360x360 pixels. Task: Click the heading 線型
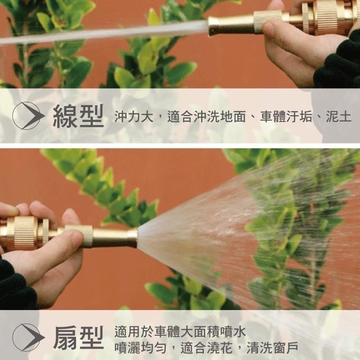click(78, 116)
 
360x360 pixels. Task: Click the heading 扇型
click(78, 337)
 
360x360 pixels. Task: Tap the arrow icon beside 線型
click(28, 116)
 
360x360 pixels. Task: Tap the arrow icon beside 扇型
click(28, 337)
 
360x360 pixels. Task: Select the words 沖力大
click(134, 117)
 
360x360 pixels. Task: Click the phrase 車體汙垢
click(286, 117)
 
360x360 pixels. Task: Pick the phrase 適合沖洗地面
click(207, 117)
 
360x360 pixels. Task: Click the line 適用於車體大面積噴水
click(180, 332)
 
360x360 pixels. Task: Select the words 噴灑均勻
click(140, 348)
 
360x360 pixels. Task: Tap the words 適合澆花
click(207, 348)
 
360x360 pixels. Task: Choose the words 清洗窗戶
click(273, 348)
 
